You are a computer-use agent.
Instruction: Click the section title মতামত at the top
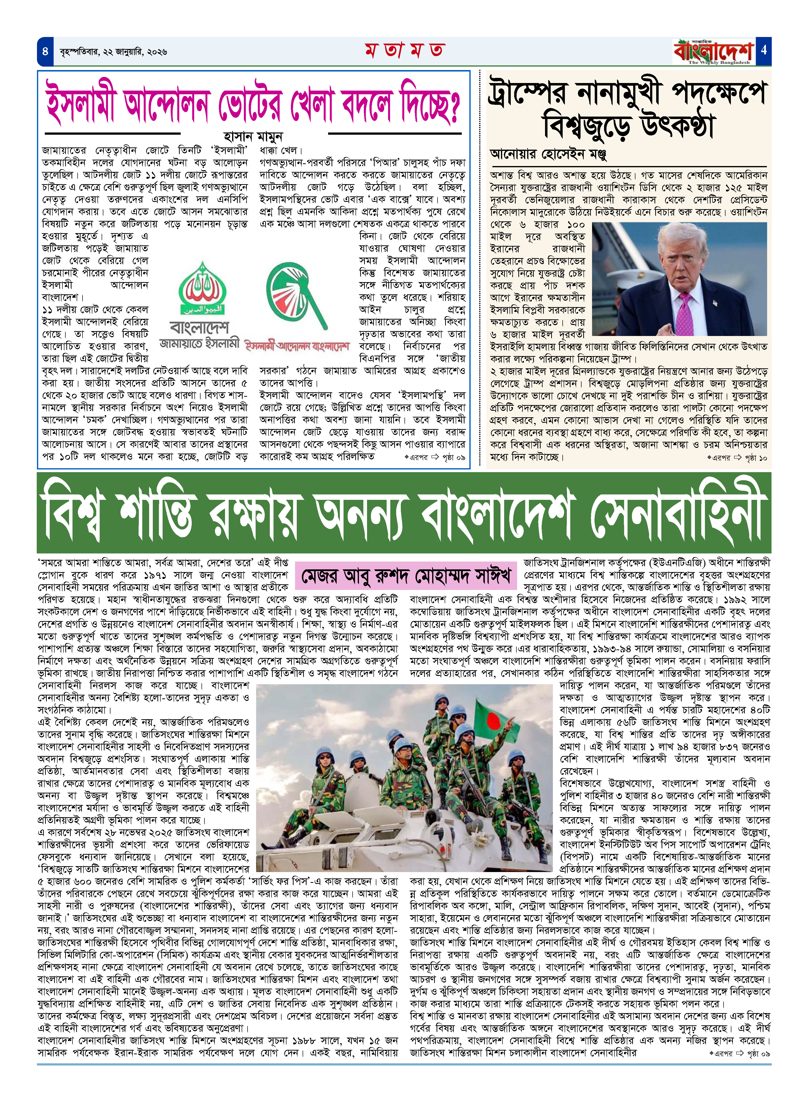click(404, 50)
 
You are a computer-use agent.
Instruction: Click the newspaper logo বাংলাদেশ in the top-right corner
click(713, 51)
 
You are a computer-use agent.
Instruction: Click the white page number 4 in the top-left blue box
click(45, 51)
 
